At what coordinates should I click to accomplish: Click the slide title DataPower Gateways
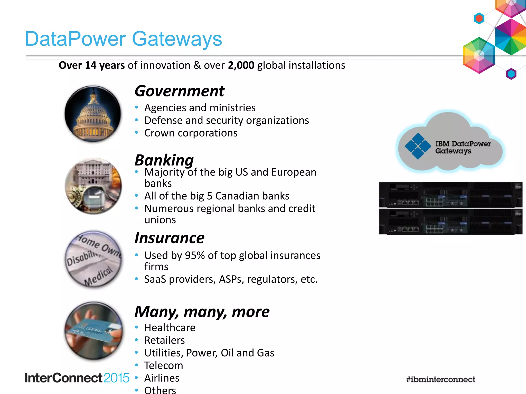(x=123, y=39)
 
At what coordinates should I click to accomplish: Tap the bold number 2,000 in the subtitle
(x=241, y=65)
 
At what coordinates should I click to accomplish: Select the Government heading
(x=180, y=91)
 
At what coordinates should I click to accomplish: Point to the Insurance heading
(x=170, y=238)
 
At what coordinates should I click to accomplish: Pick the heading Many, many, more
(x=202, y=312)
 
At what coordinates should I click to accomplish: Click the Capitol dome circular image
(x=93, y=114)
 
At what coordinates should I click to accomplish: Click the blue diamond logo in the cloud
(x=418, y=146)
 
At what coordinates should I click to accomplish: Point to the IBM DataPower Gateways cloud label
(x=463, y=147)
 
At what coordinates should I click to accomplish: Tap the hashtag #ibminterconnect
(x=441, y=379)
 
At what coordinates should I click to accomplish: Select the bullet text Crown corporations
(x=191, y=133)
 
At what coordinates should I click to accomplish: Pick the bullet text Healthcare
(x=170, y=328)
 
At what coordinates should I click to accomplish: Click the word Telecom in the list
(x=164, y=366)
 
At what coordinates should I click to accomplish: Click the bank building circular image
(x=93, y=186)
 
